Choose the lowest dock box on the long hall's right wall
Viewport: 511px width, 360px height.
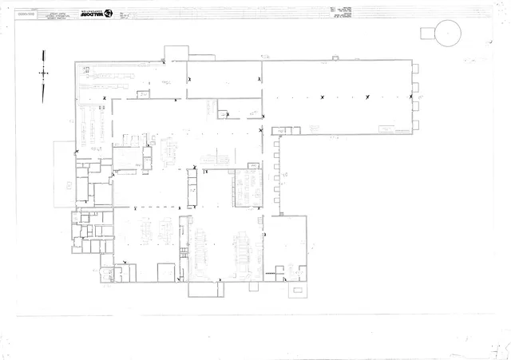415,125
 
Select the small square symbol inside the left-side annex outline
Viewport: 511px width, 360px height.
68,184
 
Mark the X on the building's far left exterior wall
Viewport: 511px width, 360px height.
76,152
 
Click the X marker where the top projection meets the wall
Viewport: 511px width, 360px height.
164,61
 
